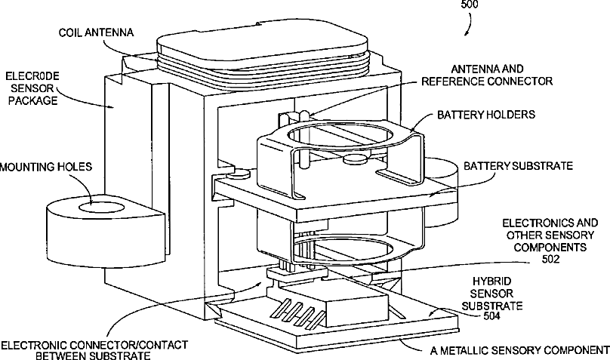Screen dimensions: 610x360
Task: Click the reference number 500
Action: pos(470,5)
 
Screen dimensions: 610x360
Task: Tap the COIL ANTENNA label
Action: pos(96,32)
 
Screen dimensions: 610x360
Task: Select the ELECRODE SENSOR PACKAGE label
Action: pos(32,88)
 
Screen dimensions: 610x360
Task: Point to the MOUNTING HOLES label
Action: pos(46,167)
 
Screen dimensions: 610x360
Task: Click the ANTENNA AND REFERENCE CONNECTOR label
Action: pos(487,75)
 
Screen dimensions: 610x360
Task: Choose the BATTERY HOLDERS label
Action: pos(486,115)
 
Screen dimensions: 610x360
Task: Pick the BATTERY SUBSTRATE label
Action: pos(518,166)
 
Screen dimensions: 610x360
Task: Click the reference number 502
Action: pos(550,259)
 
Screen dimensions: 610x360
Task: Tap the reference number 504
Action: pos(491,315)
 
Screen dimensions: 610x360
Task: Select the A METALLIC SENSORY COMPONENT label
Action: pos(519,351)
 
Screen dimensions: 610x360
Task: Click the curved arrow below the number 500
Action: pos(470,23)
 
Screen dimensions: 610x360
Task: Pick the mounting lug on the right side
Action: pos(442,192)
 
